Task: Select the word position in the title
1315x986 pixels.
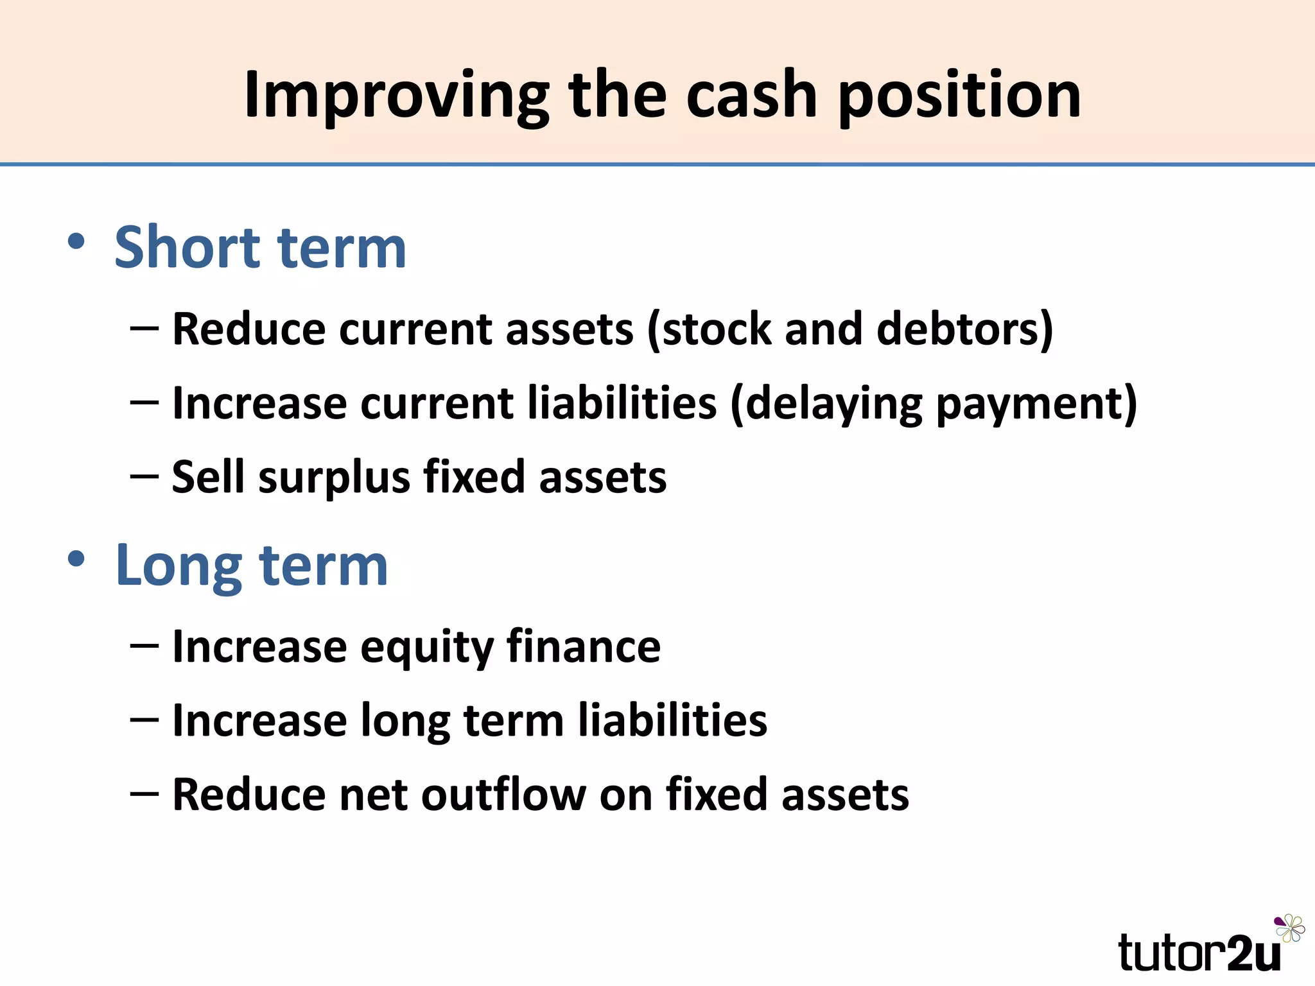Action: point(959,96)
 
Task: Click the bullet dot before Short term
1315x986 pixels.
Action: point(76,242)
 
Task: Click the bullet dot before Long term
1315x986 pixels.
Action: point(76,559)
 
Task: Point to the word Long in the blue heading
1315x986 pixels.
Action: point(178,566)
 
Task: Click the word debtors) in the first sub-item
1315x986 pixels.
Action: point(964,329)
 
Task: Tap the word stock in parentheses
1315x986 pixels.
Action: point(709,329)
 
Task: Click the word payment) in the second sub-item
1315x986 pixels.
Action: point(1036,403)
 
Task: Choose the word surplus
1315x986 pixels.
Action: point(334,478)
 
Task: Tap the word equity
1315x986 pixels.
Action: point(426,647)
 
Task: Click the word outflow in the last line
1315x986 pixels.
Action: point(503,795)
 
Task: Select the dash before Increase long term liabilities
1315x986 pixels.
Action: point(144,720)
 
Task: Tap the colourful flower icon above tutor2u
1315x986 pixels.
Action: point(1289,928)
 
